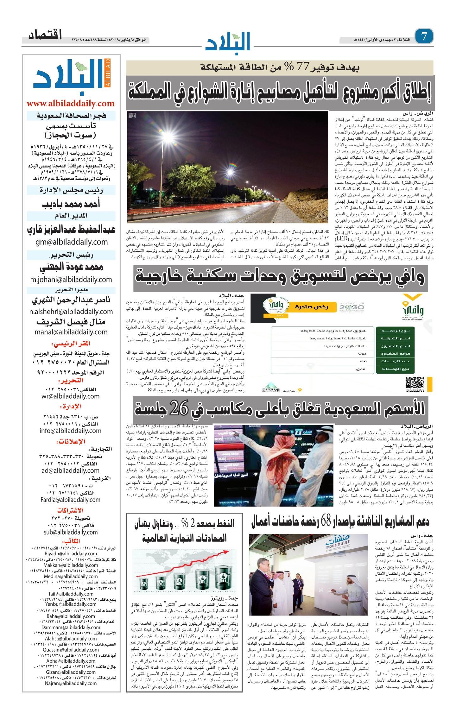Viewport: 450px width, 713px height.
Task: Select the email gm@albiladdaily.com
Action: tap(72, 242)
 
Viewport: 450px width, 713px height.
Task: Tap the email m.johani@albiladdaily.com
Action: tap(71, 279)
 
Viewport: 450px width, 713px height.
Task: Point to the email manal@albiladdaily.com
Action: tap(71, 332)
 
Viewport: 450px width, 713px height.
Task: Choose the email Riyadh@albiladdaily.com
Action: tap(71, 553)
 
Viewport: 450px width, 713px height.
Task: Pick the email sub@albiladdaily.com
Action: tap(71, 532)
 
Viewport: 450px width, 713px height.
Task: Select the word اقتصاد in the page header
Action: tap(45, 35)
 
